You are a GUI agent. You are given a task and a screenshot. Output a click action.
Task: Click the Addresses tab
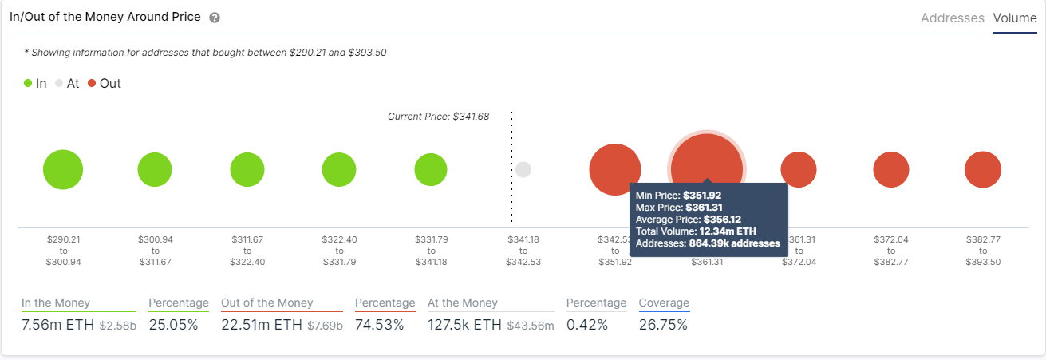point(952,18)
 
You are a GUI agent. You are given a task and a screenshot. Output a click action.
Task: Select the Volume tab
point(1015,18)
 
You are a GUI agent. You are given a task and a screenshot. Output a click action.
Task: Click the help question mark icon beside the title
point(215,18)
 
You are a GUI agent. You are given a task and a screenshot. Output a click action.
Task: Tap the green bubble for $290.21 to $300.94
point(63,169)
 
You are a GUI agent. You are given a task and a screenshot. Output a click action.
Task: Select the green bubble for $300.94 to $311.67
point(155,169)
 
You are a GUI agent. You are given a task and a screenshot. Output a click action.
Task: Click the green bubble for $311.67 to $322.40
point(247,169)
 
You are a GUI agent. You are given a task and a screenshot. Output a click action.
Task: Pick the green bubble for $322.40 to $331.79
point(339,169)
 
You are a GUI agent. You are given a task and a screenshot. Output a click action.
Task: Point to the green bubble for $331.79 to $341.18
point(431,169)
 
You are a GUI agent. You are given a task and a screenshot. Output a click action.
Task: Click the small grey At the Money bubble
point(523,169)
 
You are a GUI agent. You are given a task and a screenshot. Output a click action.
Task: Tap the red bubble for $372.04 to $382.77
point(890,169)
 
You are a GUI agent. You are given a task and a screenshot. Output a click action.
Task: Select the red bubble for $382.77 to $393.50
point(982,169)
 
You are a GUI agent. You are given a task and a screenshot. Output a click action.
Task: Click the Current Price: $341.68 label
point(438,117)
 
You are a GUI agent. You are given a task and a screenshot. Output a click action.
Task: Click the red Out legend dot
point(93,83)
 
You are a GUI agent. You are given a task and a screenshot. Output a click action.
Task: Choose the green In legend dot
point(29,83)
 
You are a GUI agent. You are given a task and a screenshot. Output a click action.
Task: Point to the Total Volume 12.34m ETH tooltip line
point(695,231)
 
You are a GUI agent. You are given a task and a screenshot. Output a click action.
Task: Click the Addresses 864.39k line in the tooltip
point(707,243)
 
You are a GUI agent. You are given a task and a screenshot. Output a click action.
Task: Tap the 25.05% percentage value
point(173,325)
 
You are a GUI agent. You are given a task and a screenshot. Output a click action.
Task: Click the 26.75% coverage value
point(663,325)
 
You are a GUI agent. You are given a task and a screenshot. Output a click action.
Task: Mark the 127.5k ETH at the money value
point(464,325)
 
